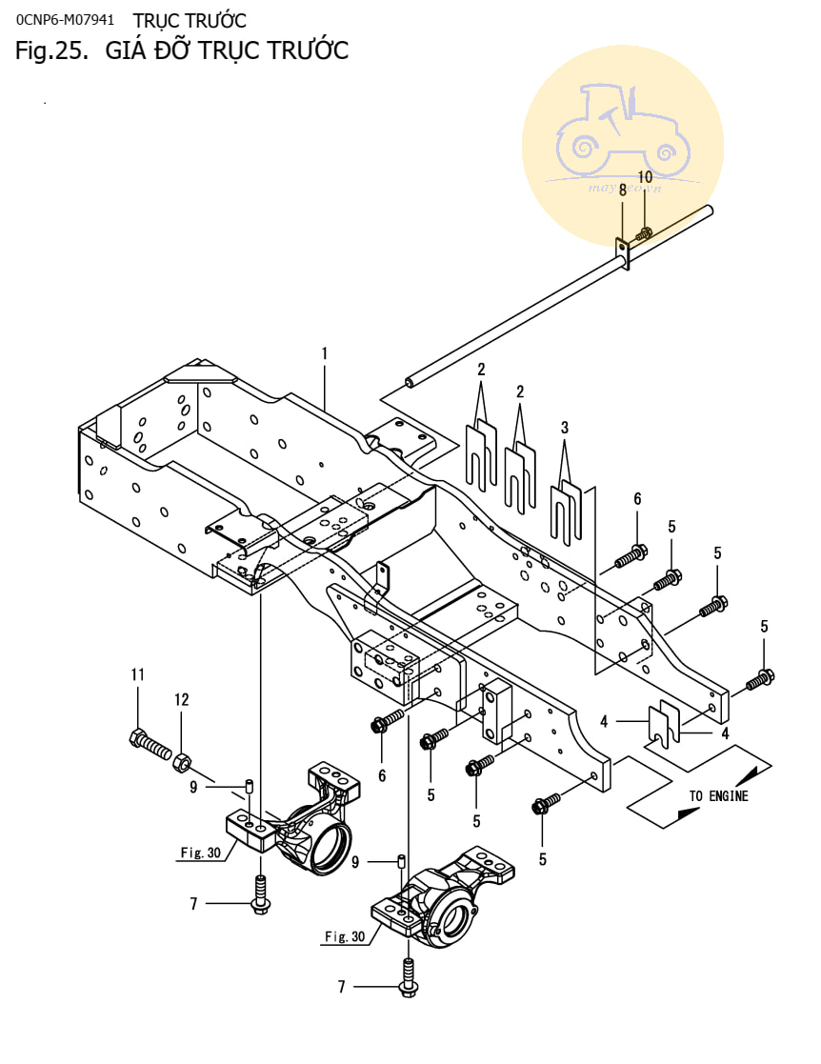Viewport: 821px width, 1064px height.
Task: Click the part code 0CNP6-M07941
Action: [x=66, y=20]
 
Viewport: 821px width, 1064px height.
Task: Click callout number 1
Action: [x=324, y=353]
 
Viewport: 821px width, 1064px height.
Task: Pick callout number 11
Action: [x=137, y=674]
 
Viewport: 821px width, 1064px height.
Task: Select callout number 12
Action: [x=181, y=699]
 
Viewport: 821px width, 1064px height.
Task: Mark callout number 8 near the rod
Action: [x=623, y=191]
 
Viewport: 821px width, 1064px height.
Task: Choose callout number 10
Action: [x=645, y=177]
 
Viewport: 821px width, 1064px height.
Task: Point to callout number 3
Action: [x=565, y=428]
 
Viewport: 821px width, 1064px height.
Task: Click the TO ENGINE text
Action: [x=719, y=796]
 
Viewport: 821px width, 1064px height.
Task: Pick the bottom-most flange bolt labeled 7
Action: [x=408, y=980]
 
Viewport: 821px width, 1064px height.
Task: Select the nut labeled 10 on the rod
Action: [x=645, y=233]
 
